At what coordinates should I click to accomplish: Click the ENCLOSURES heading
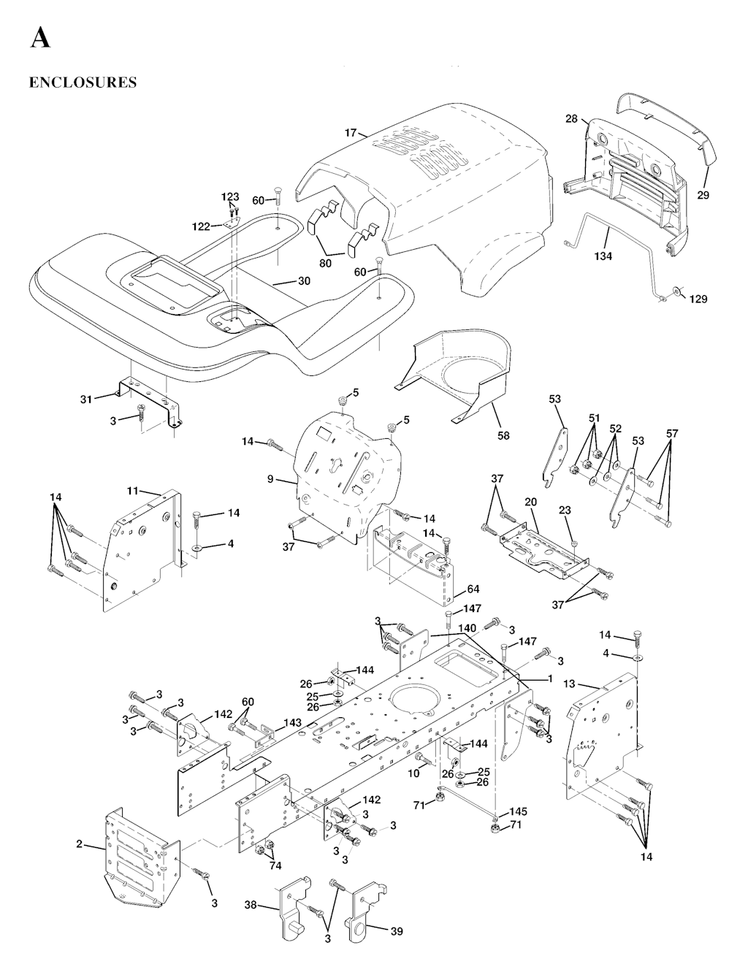[x=83, y=82]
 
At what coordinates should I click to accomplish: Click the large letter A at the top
[x=40, y=37]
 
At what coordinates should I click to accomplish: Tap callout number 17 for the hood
[x=351, y=133]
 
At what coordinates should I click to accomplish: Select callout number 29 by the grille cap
[x=703, y=195]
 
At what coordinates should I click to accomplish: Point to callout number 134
[x=603, y=256]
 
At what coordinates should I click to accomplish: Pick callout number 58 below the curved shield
[x=503, y=436]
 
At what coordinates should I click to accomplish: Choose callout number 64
[x=473, y=569]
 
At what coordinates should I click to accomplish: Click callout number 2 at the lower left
[x=79, y=845]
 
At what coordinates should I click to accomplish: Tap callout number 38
[x=250, y=904]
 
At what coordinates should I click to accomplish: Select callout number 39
[x=397, y=931]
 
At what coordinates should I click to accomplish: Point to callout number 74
[x=275, y=865]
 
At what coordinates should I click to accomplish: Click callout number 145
[x=518, y=811]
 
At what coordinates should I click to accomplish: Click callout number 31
[x=86, y=399]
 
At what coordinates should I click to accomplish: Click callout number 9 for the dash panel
[x=270, y=479]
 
